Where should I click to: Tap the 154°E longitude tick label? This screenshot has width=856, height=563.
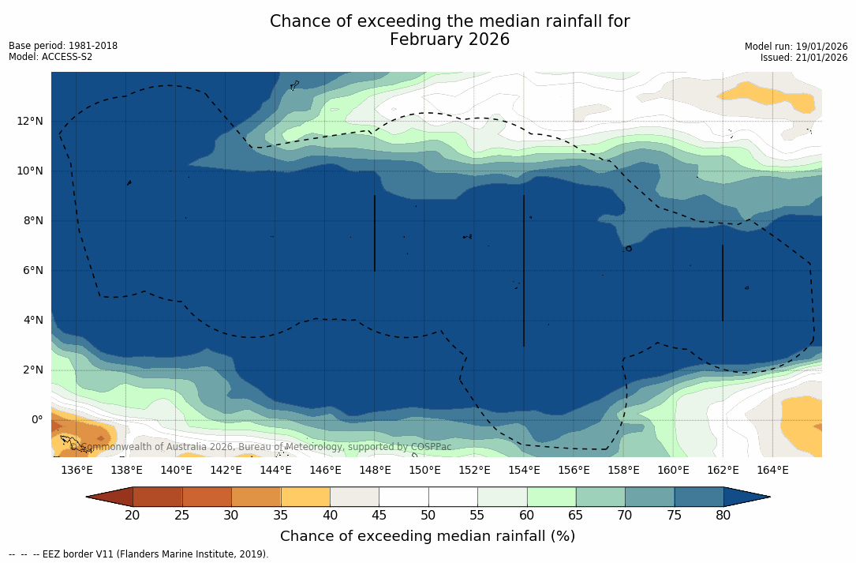point(524,470)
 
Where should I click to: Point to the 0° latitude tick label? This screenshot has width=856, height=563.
point(37,419)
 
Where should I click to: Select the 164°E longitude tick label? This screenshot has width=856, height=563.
point(772,470)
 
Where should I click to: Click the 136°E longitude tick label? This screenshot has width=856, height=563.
point(77,470)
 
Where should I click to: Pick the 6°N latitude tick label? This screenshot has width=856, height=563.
point(32,270)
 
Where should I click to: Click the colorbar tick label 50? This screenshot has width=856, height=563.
point(428,516)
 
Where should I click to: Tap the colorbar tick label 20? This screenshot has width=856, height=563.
point(133,516)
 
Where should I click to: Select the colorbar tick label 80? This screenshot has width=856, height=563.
point(723,516)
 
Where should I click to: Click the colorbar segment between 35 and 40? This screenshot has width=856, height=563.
point(305,497)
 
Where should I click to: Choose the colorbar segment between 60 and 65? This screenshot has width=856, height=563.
point(551,497)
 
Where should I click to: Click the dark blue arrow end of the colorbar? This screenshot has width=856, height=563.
point(746,497)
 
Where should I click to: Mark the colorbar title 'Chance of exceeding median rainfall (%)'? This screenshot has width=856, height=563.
point(428,536)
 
